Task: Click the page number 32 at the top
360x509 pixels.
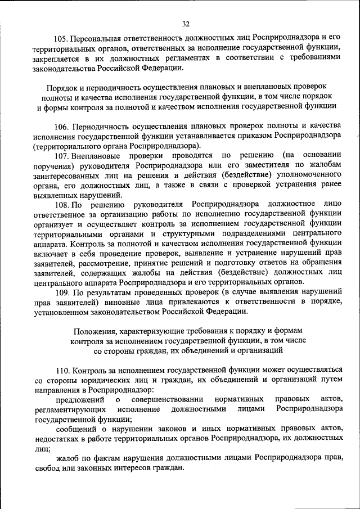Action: pyautogui.click(x=186, y=24)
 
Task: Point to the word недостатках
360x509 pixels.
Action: pyautogui.click(x=59, y=439)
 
